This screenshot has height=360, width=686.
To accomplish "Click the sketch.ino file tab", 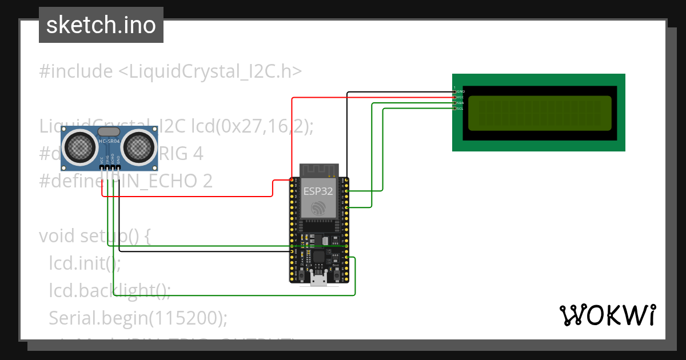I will [101, 25].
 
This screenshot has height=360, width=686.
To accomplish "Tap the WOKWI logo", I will [607, 315].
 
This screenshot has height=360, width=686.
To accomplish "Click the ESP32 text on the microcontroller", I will [317, 191].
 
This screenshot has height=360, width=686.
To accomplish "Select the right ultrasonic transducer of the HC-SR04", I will [139, 146].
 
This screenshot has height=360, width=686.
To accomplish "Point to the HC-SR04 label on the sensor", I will [109, 141].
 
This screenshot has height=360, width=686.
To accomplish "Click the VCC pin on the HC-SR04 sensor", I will [102, 167].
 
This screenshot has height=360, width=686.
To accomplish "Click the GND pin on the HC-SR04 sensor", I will [119, 167].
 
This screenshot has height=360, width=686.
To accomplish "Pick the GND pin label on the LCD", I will [460, 91].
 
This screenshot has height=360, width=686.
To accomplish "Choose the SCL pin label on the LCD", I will [460, 108].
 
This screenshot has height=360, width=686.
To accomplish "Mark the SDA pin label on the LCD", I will [460, 103].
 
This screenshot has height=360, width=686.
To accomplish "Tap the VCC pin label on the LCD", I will [460, 97].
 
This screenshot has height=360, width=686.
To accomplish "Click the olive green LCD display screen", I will [540, 113].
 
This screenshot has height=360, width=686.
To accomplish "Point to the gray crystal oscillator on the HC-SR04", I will [109, 132].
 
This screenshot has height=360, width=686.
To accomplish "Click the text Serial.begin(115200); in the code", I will [138, 317].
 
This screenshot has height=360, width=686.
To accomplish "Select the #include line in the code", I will [170, 71].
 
